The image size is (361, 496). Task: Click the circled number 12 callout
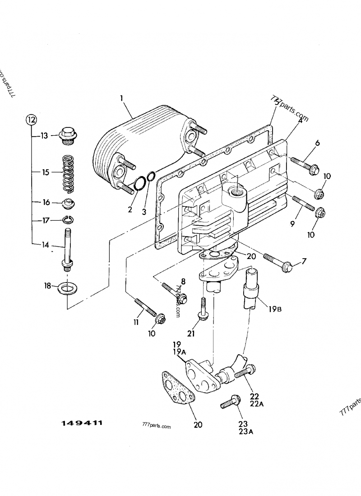[31, 119]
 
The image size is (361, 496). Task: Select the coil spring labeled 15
[68, 172]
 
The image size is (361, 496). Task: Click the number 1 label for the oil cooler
[121, 98]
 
